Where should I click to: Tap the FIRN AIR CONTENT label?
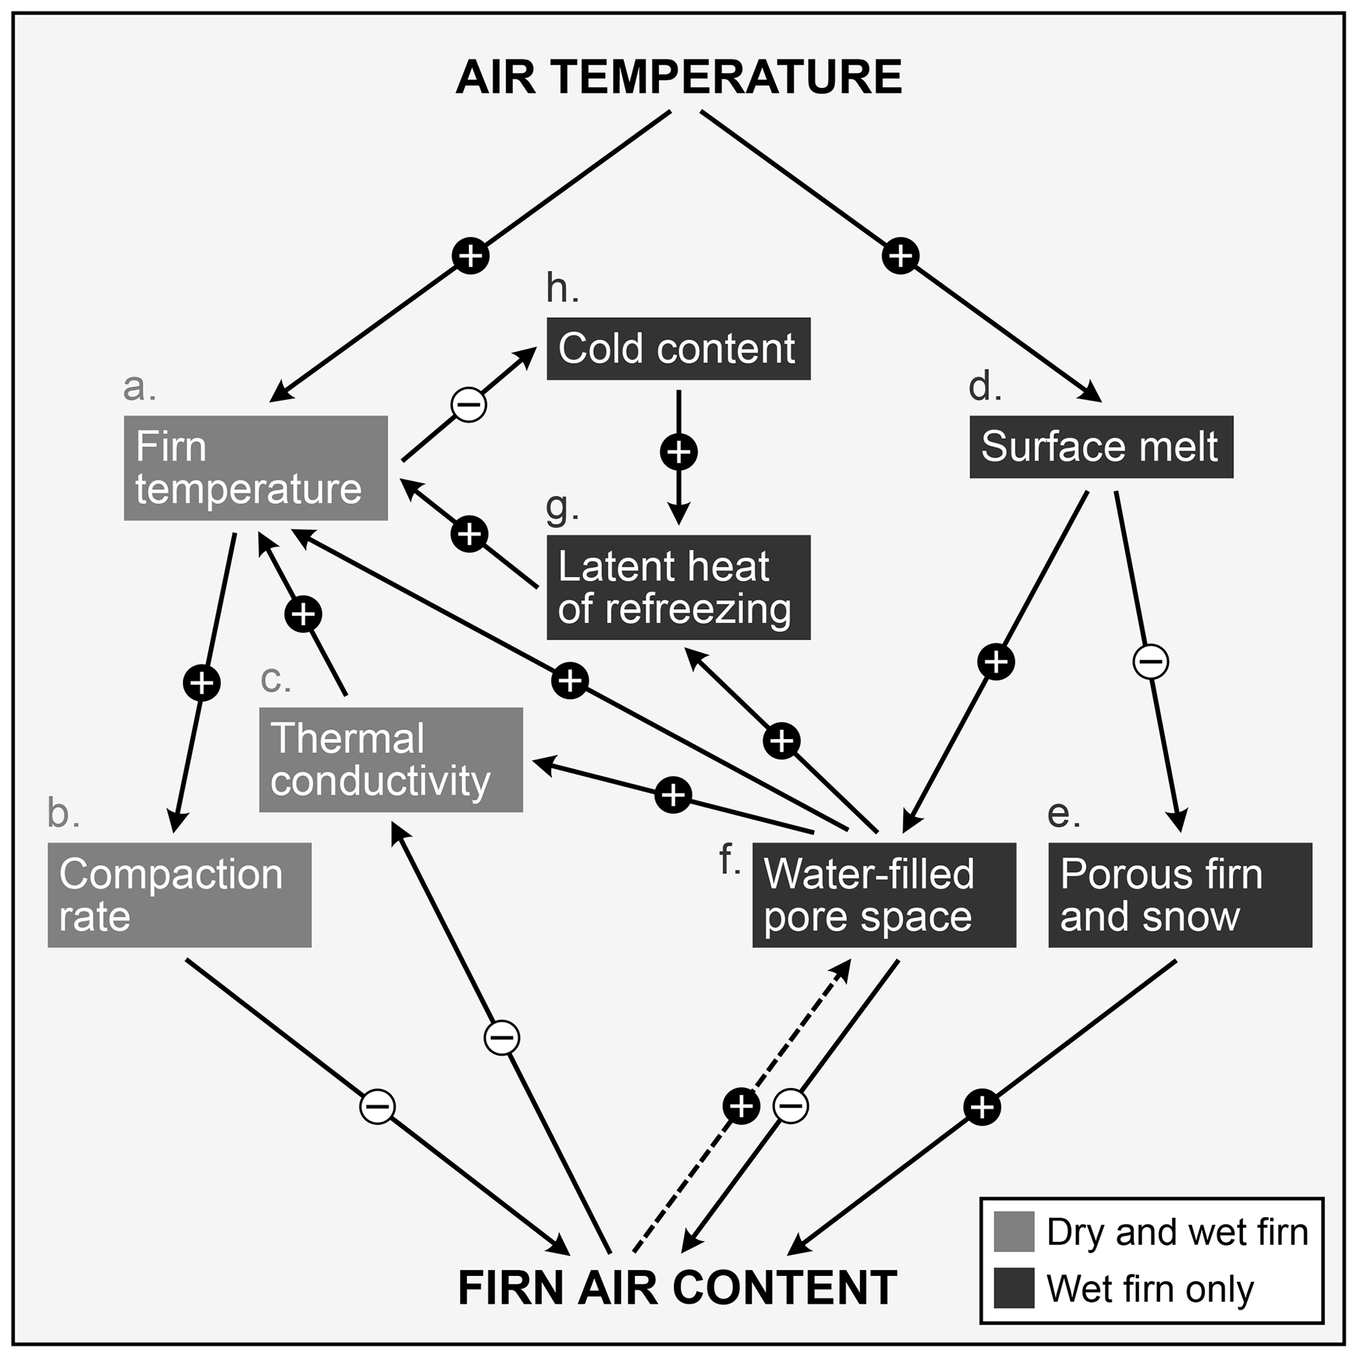click(677, 1287)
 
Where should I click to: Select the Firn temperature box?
click(255, 468)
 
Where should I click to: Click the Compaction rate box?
click(179, 895)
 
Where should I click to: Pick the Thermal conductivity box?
click(391, 760)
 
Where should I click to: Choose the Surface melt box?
click(1100, 447)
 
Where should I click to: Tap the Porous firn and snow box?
click(1179, 895)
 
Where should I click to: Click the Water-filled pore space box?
click(884, 895)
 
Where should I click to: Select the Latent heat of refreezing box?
click(678, 587)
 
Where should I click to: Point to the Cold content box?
click(678, 349)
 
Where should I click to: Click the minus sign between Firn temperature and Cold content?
click(469, 404)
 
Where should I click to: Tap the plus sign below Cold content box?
click(678, 451)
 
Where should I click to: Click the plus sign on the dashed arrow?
click(741, 1106)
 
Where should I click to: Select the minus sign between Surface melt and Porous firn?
click(1150, 662)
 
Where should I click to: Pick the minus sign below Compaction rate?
click(378, 1106)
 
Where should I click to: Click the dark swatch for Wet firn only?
click(1014, 1288)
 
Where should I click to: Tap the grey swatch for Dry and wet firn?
click(1014, 1232)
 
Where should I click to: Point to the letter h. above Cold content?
click(562, 288)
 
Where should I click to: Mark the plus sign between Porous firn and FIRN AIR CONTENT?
click(982, 1107)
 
